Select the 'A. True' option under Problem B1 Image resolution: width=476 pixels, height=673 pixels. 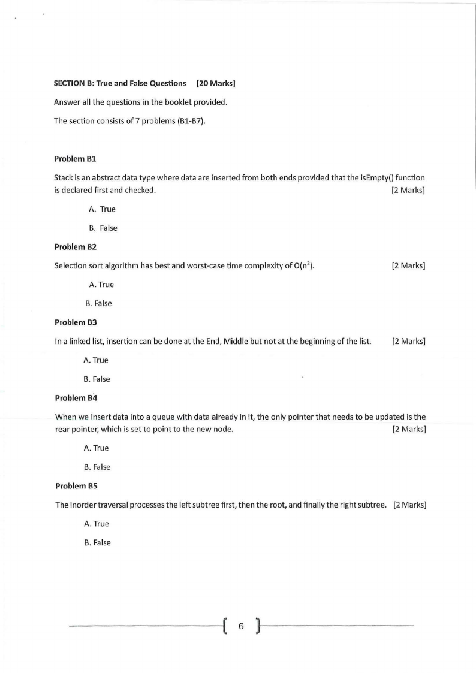101,209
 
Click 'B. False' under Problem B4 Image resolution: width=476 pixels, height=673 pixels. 97,467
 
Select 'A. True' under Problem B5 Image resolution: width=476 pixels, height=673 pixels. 98,524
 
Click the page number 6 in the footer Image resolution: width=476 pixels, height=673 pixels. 242,627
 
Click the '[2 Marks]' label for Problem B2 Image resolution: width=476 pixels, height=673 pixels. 408,265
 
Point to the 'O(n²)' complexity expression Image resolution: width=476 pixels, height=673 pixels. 302,265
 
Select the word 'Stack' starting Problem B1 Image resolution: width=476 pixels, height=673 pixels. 64,178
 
